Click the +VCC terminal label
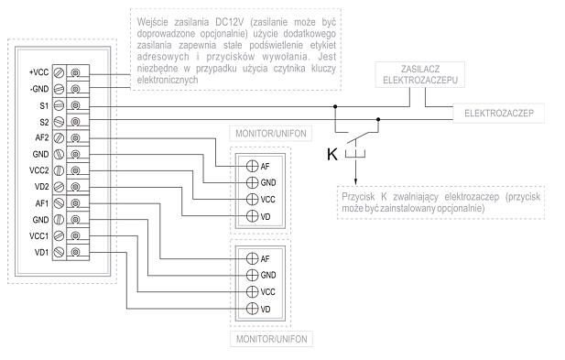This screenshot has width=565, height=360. (x=38, y=72)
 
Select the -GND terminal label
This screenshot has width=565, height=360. (x=39, y=89)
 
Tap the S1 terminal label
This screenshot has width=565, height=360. (x=44, y=105)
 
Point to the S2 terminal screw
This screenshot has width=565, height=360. (x=59, y=122)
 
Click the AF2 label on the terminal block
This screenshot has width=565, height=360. (x=42, y=137)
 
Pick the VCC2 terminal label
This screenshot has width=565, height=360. (x=38, y=170)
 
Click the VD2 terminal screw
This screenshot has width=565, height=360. (x=59, y=187)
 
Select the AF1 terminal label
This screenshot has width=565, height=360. (x=42, y=203)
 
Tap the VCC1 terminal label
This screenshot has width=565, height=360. (x=38, y=236)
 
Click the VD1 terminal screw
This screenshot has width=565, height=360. (x=59, y=252)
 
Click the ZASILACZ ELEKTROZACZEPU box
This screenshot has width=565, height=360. (x=419, y=74)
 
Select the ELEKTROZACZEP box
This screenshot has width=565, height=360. (x=499, y=114)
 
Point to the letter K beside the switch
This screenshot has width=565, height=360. (x=332, y=154)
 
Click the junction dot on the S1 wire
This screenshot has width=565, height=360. (x=335, y=106)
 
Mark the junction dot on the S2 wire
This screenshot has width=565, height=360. (x=378, y=119)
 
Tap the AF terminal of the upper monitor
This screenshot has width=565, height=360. (x=252, y=166)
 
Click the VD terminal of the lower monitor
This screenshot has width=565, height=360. (x=252, y=309)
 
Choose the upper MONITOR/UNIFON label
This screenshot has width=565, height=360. (x=271, y=134)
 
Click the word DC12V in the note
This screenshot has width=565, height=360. (x=230, y=22)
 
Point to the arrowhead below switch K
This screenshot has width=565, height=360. (x=355, y=181)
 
